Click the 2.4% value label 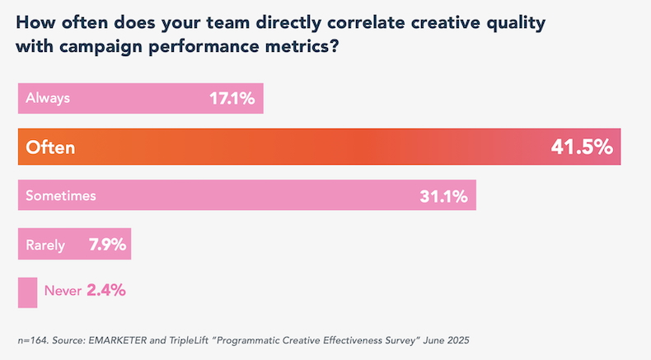(x=105, y=290)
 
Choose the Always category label (x=48, y=98)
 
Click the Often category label (x=50, y=147)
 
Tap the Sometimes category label (x=61, y=196)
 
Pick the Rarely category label (x=46, y=244)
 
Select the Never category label (x=63, y=290)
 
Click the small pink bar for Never (x=27, y=292)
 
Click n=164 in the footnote (x=34, y=340)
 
